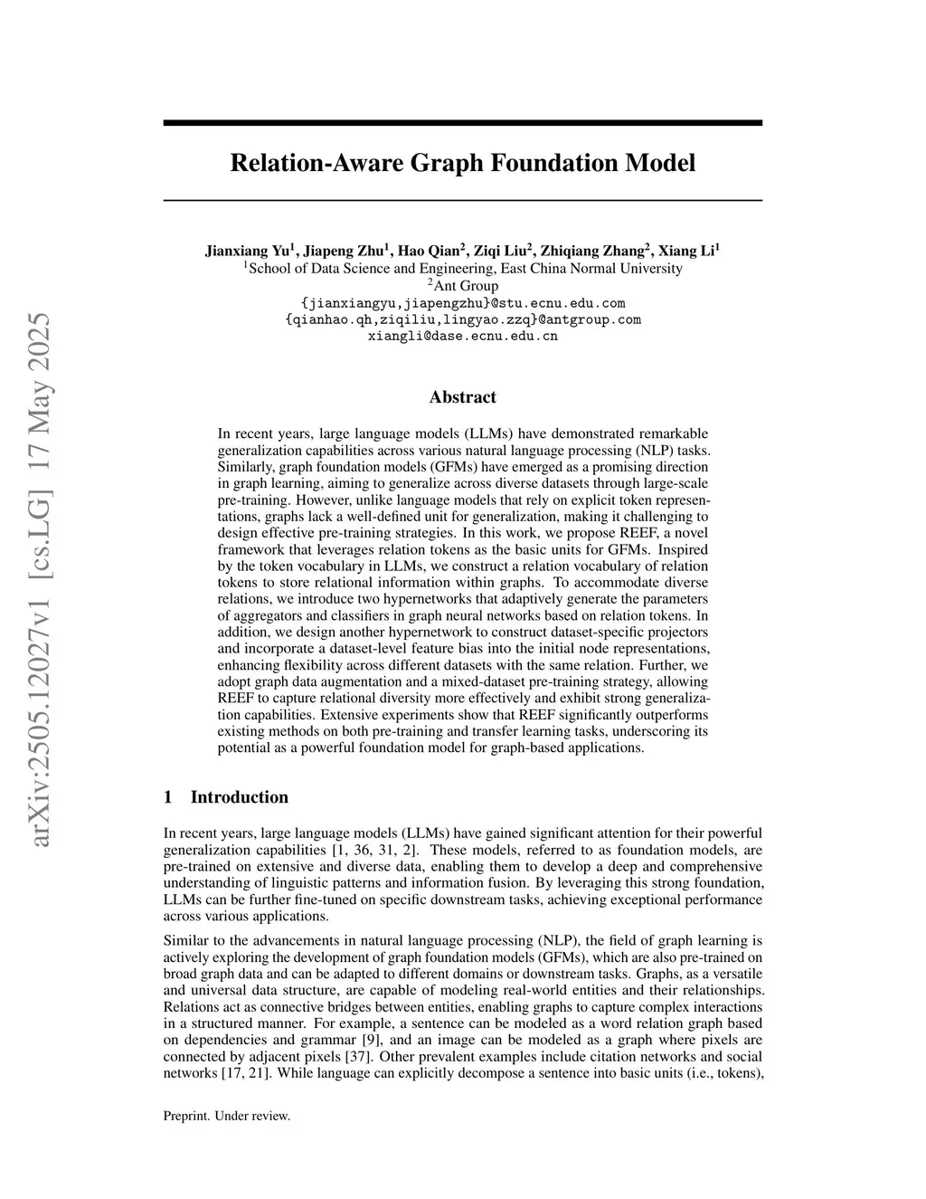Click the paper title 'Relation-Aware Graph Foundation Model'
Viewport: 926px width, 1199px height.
point(462,163)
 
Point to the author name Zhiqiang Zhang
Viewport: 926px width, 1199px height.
point(592,251)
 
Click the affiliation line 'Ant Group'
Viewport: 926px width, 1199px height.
point(465,285)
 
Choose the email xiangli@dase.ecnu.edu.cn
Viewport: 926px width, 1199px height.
point(462,336)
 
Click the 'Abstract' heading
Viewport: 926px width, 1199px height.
point(462,397)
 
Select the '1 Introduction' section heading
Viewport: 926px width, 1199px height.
point(226,797)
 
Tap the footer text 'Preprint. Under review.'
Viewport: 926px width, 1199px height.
point(226,1116)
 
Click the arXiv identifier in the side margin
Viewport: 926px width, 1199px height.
point(40,579)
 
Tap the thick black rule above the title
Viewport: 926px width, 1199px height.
point(462,122)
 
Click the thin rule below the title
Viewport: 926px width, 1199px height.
point(462,199)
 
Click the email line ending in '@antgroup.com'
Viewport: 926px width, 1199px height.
point(462,319)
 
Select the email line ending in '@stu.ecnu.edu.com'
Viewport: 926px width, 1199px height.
point(462,302)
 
